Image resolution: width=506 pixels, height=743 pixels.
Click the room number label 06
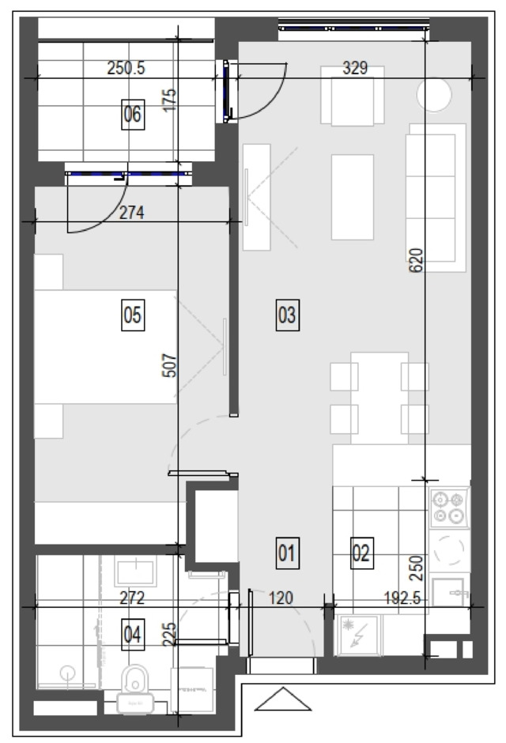click(x=133, y=114)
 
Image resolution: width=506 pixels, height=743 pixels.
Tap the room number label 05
click(x=133, y=315)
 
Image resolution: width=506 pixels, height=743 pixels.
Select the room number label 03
click(x=288, y=315)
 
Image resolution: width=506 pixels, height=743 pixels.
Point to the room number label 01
click(x=288, y=553)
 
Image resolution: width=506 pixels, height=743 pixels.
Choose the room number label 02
click(x=362, y=553)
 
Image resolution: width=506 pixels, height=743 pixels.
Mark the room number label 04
click(x=133, y=634)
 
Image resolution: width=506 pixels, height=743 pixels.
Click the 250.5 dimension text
click(x=126, y=68)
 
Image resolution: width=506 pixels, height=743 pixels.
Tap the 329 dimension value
click(x=355, y=68)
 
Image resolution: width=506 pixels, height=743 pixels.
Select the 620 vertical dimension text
click(x=416, y=260)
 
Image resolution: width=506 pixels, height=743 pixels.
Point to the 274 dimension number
click(x=131, y=213)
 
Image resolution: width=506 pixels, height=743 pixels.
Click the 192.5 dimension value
click(x=402, y=598)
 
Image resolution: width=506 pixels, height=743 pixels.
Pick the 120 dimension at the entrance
click(x=281, y=598)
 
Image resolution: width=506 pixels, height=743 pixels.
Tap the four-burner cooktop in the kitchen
click(x=448, y=507)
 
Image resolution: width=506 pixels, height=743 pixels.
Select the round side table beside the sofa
click(x=433, y=95)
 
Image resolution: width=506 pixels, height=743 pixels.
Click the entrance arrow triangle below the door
click(x=283, y=699)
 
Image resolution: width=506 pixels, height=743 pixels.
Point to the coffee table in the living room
click(x=353, y=197)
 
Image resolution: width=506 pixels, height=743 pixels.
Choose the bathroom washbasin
click(x=135, y=571)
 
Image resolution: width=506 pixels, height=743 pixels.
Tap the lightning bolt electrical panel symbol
click(x=357, y=636)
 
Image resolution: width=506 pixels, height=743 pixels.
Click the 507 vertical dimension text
click(x=169, y=366)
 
